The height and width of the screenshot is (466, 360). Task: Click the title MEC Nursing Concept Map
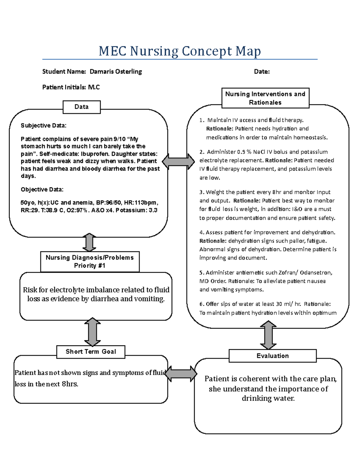pos(180,51)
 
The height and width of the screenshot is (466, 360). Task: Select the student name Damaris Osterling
pos(115,71)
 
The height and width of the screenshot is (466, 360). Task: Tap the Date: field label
pos(262,71)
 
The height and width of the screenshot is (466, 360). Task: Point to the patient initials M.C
pos(94,87)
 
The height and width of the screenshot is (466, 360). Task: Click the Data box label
pos(82,107)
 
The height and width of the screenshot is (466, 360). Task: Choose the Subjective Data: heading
pos(43,125)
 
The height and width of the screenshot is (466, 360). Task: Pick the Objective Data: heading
pos(42,189)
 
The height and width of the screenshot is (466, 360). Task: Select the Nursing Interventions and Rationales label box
pos(265,98)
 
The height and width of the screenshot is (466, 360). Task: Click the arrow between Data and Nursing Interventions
pos(178,161)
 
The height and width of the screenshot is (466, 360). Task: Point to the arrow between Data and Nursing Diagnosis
pos(89,242)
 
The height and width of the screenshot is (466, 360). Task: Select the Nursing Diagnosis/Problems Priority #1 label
pos(90,261)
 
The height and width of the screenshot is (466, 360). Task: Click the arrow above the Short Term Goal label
pos(92,332)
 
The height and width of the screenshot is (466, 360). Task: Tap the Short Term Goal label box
pos(91,352)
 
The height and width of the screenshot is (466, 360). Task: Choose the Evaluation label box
pos(272,356)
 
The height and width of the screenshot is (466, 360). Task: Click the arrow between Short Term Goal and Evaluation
pos(181,374)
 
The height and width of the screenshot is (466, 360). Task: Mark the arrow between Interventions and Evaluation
pos(268,335)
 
